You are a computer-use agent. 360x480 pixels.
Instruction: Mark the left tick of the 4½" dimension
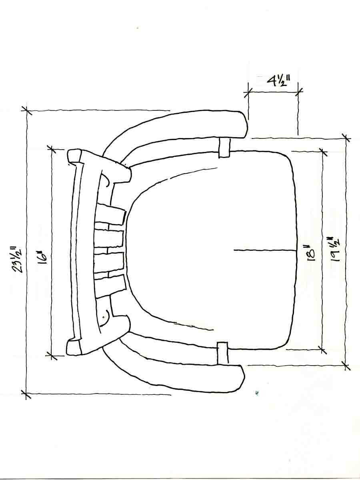click(248, 92)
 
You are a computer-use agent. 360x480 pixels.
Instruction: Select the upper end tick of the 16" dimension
click(51, 149)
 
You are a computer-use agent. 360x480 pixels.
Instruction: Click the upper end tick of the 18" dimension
click(322, 151)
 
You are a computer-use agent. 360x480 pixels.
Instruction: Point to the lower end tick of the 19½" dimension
click(346, 364)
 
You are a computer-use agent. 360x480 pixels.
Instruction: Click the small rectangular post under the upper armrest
click(224, 147)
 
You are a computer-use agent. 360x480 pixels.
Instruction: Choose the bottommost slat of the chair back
click(110, 286)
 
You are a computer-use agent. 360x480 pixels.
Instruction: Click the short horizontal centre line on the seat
click(264, 250)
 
